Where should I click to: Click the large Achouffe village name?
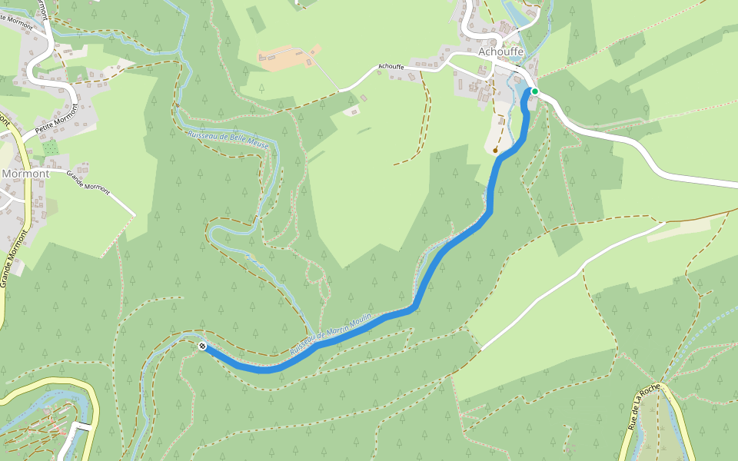point(501,51)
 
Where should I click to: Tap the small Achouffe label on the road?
point(391,67)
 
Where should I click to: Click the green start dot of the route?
point(534,91)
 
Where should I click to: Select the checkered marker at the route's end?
point(202,347)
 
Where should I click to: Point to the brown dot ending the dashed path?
point(496,151)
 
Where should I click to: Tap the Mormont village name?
point(25,174)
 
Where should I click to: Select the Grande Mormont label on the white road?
point(88,181)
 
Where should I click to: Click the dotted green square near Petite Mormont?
point(51,147)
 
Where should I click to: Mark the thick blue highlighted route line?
point(446,246)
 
